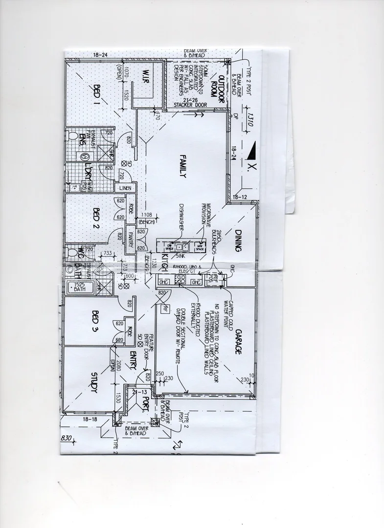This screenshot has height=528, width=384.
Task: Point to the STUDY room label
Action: (x=94, y=382)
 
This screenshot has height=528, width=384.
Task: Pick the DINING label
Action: (x=238, y=241)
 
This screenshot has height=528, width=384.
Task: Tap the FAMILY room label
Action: (x=182, y=167)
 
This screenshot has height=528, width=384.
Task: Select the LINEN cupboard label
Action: (x=124, y=187)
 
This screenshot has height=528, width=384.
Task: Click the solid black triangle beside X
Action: (x=250, y=153)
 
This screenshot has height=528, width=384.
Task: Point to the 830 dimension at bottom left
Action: (x=67, y=438)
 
